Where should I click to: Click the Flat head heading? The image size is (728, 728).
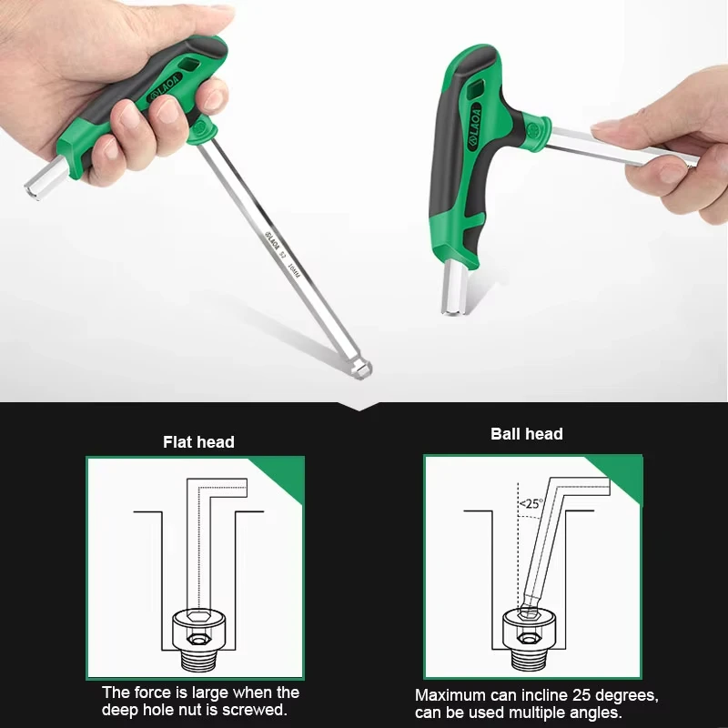pos(198,442)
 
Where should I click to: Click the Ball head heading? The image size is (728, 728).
pos(526,434)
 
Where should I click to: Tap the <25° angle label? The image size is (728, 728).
pos(531,502)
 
